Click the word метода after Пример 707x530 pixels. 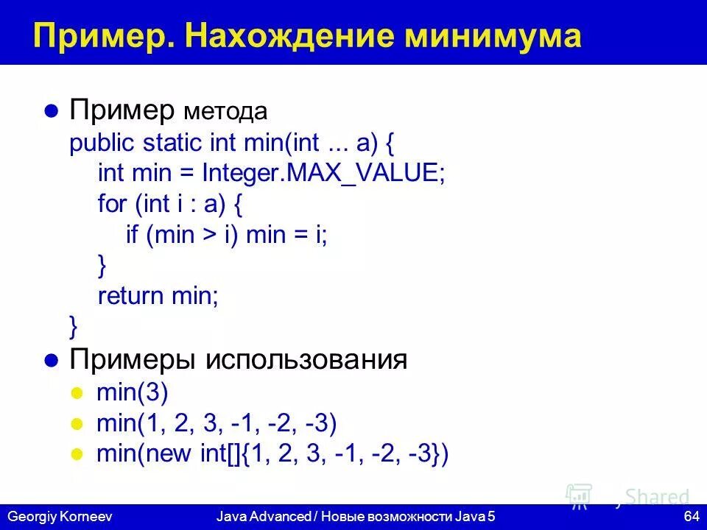225,113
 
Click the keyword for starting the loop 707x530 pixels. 112,205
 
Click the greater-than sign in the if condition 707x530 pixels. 208,236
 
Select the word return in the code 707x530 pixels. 130,297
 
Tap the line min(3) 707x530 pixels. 132,392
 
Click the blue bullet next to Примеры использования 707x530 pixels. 51,361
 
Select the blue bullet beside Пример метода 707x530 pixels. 51,112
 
